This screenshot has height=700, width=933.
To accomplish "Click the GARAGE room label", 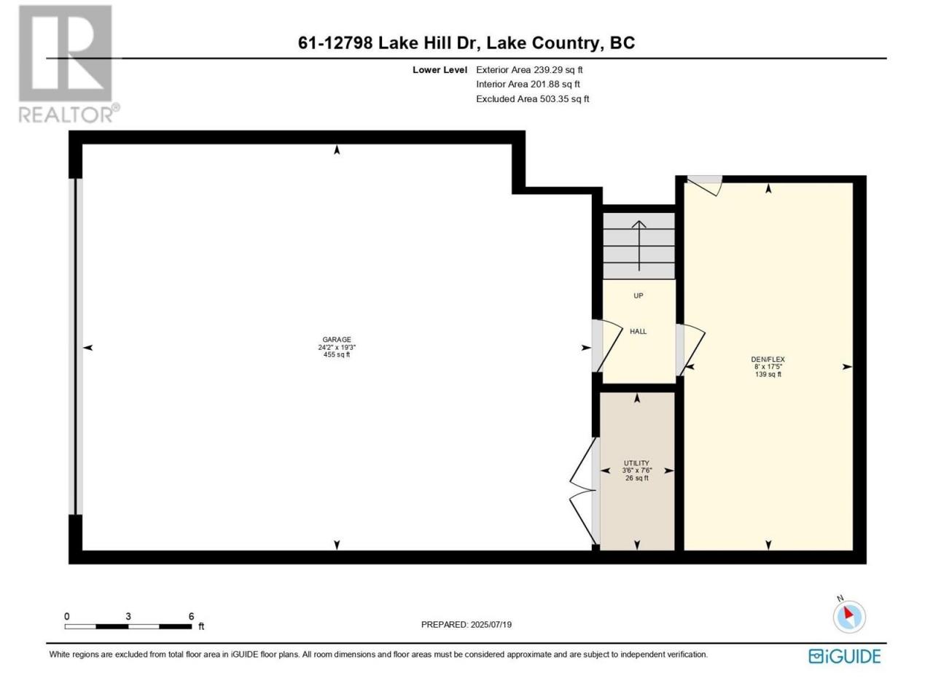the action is (337, 339).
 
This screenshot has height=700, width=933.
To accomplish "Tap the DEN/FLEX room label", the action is (768, 359).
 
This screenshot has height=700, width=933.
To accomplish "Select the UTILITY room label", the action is (636, 463).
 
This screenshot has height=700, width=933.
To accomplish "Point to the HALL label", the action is (638, 332).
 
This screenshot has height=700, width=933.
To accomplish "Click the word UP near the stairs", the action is (638, 296).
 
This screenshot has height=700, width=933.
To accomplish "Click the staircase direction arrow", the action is (639, 246).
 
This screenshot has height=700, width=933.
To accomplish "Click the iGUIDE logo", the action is (844, 656).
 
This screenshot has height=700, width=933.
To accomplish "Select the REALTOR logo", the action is (68, 64).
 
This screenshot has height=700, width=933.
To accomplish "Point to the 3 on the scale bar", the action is (128, 616).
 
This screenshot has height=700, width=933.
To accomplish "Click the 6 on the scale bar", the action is (191, 616).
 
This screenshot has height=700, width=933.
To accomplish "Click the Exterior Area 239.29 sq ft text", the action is (529, 70).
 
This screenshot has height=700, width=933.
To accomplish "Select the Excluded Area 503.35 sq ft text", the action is (532, 99).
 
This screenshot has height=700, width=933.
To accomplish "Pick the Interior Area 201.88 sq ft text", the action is (528, 84).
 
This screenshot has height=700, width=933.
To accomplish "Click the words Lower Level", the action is (440, 70).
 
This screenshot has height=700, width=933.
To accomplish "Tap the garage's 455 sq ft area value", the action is (337, 354).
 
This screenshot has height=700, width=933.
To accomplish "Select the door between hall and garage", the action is (606, 345).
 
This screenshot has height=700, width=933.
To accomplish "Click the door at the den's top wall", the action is (704, 185).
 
